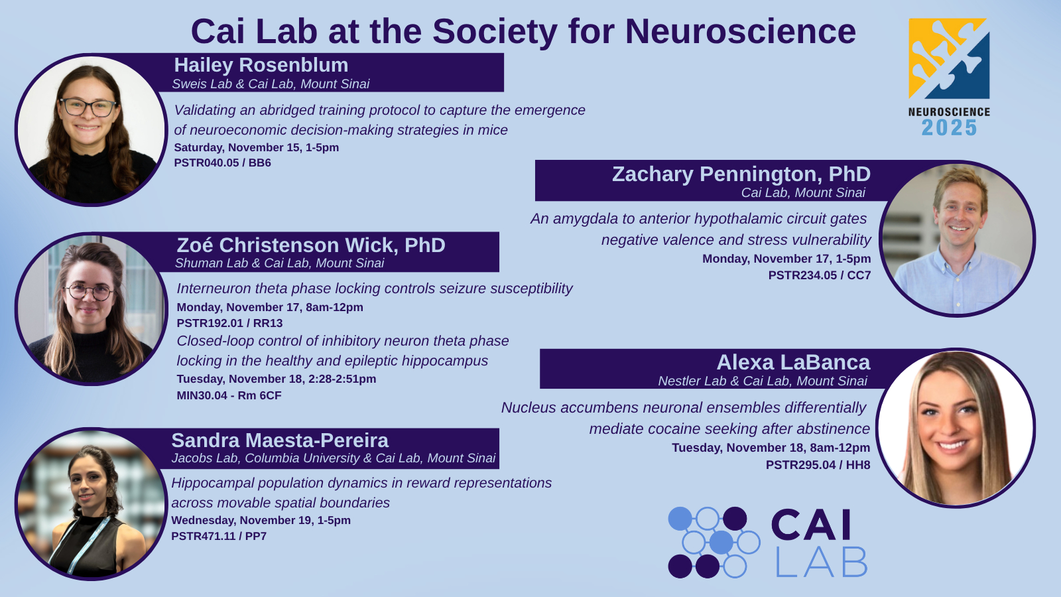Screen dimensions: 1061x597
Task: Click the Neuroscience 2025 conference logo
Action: (x=949, y=77)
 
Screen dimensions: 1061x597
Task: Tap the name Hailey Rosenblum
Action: (x=261, y=65)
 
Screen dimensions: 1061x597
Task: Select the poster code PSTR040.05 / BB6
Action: (x=222, y=163)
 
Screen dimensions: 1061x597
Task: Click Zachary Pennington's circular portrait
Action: (x=957, y=239)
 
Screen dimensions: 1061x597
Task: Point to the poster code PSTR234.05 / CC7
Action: (x=820, y=275)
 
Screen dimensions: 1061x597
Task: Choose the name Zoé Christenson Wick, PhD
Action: (x=311, y=245)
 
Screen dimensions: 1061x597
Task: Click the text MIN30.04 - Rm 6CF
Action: (x=229, y=395)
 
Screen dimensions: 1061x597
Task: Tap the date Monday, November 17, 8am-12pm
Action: (x=270, y=307)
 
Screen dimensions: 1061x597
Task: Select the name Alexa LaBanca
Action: (x=793, y=362)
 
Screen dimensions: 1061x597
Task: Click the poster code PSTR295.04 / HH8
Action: (x=818, y=465)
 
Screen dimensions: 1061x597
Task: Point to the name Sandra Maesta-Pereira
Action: (x=280, y=440)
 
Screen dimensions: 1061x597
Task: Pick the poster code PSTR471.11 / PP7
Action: (x=219, y=536)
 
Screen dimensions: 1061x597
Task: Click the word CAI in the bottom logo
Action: (x=811, y=525)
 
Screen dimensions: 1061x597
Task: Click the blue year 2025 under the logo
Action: (x=949, y=127)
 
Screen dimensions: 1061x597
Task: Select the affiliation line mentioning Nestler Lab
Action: (x=763, y=381)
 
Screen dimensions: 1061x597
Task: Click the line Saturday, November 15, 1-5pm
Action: (x=256, y=147)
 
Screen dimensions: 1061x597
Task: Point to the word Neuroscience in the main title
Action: (x=740, y=31)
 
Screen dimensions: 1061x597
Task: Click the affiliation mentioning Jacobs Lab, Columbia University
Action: (x=334, y=458)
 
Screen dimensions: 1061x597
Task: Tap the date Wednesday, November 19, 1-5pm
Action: (x=261, y=520)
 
